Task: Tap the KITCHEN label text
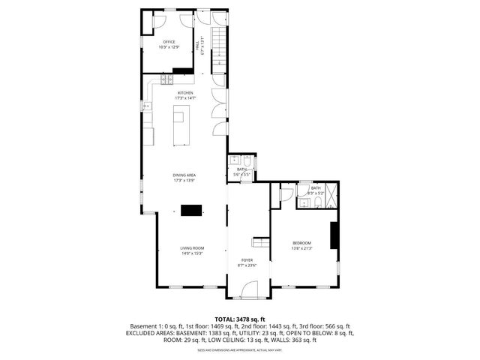coord(185,93)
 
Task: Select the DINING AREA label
coord(184,175)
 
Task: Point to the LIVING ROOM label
coord(192,248)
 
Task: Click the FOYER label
coord(247,259)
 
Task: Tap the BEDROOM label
coord(301,243)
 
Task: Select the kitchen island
coord(179,124)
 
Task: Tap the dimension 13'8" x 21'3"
coord(301,248)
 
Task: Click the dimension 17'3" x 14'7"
coord(185,98)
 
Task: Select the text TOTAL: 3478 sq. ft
coord(240,319)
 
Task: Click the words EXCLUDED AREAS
coord(151,333)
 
